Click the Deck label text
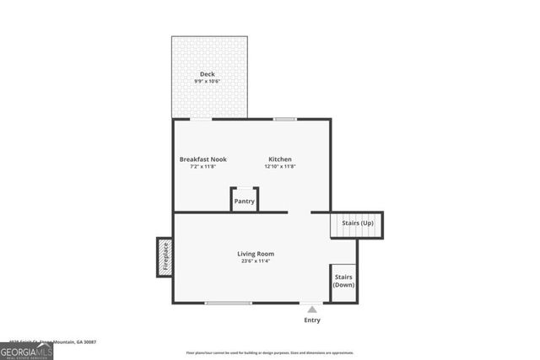tap(207, 74)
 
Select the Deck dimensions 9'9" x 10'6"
tap(207, 82)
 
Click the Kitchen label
tap(280, 159)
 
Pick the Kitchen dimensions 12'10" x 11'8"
tap(280, 167)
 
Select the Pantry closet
tap(245, 201)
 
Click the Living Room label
tap(255, 254)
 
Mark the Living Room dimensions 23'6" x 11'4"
tap(255, 261)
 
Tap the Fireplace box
tap(165, 257)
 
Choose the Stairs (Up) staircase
tap(356, 224)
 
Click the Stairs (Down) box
tap(343, 282)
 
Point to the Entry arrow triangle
tap(312, 310)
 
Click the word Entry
tap(312, 320)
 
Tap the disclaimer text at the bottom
tap(270, 353)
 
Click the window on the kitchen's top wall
tap(284, 119)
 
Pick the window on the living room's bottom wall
tap(229, 303)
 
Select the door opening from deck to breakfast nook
tap(201, 119)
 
